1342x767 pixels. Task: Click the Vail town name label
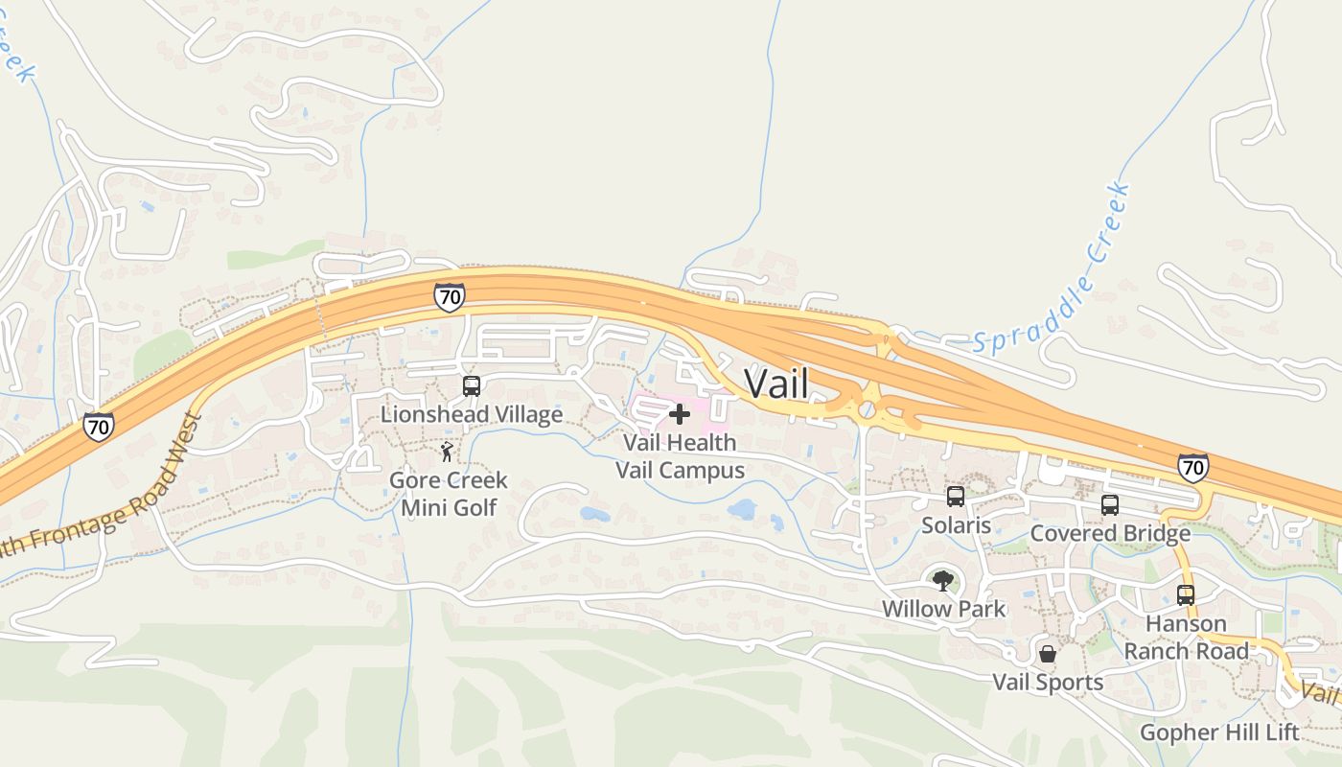(776, 384)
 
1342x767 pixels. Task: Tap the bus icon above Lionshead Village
(472, 386)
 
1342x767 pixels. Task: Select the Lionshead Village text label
(472, 414)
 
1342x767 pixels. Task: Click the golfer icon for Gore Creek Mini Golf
(447, 452)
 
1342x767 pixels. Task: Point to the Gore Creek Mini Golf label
(449, 493)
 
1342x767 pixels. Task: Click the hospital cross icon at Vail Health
(680, 414)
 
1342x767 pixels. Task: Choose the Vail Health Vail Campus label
(680, 456)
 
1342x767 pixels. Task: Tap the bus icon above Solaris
(956, 497)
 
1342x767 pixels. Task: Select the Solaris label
(956, 525)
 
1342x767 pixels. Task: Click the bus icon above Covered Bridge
(1110, 505)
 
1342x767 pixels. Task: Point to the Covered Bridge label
(1110, 533)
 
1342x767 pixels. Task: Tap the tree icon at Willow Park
(943, 580)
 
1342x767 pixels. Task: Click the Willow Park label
(943, 609)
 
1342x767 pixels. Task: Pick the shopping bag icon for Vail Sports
(1048, 654)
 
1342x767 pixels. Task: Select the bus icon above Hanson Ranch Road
(1186, 595)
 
